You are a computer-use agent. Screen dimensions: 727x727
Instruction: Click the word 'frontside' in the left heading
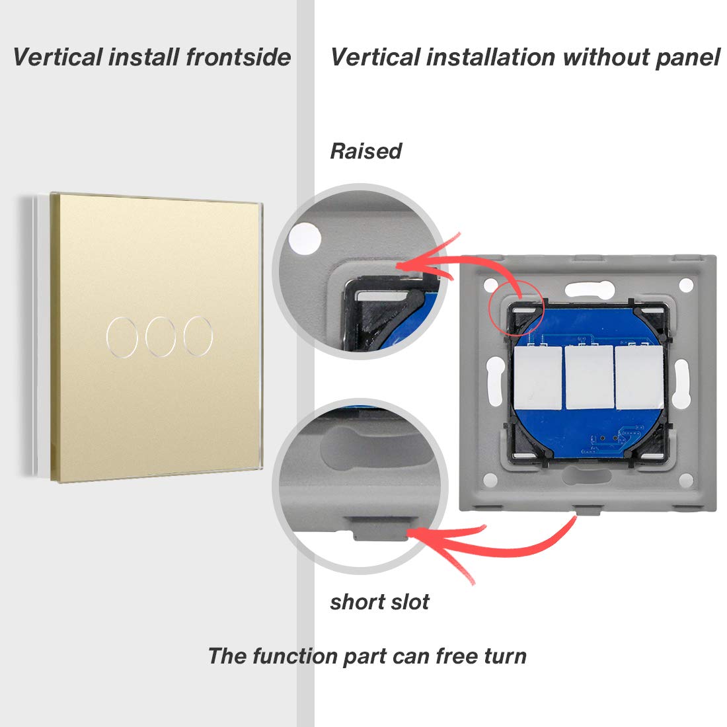[x=239, y=57]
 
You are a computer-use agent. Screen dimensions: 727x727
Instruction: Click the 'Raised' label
[x=366, y=151]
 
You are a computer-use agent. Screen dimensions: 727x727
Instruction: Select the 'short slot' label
[x=379, y=602]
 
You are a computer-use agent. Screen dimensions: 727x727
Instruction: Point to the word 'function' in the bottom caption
[x=295, y=656]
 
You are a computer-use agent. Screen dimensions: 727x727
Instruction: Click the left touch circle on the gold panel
[x=122, y=337]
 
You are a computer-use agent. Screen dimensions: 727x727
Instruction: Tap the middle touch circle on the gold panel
[x=161, y=336]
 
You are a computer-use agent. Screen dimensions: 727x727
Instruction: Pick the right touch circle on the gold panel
[x=198, y=336]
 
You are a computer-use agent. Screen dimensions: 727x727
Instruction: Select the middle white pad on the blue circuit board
[x=590, y=377]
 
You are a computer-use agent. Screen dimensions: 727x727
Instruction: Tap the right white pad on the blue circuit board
[x=639, y=377]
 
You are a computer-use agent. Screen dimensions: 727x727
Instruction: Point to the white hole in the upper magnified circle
[x=305, y=239]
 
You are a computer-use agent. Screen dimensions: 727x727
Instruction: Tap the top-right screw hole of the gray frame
[x=686, y=284]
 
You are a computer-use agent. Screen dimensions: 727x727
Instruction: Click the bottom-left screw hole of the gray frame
[x=490, y=480]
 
